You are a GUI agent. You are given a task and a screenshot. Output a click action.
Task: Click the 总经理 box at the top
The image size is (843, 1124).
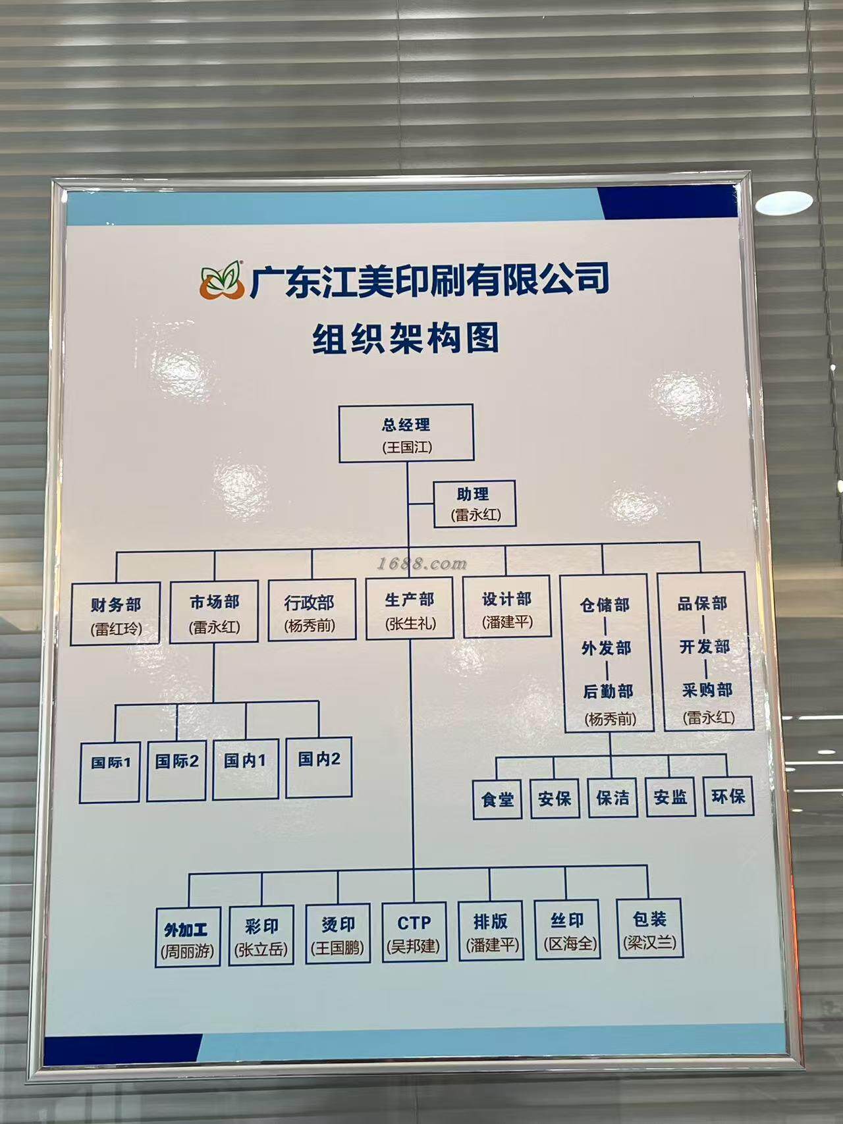406,433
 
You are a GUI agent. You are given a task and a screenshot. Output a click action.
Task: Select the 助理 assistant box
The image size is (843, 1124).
475,504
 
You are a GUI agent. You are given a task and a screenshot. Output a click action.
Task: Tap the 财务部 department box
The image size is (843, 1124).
116,614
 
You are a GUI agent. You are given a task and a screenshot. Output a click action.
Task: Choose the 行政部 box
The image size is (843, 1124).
310,611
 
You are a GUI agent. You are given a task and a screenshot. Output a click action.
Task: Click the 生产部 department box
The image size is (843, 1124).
410,609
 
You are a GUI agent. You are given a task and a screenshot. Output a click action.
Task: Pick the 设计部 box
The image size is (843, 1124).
507,607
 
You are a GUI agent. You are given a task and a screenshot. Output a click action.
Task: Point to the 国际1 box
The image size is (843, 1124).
110,772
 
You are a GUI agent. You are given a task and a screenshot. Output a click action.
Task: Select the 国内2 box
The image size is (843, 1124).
319,768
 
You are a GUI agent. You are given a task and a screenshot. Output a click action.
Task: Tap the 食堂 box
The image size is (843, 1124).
498,799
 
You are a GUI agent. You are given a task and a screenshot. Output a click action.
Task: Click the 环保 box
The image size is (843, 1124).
728,796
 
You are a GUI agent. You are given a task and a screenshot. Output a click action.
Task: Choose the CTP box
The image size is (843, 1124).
414,932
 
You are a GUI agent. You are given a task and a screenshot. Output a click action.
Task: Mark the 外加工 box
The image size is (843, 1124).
188,938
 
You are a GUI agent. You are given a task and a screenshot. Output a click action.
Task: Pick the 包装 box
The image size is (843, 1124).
649,928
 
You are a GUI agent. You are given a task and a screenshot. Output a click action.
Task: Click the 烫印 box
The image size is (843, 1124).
338,934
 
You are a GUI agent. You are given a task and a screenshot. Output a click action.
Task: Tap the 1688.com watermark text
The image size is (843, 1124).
422,564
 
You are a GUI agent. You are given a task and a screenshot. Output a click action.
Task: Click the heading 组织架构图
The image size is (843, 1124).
405,338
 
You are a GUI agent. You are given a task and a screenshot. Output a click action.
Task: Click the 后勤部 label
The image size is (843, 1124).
608,691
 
